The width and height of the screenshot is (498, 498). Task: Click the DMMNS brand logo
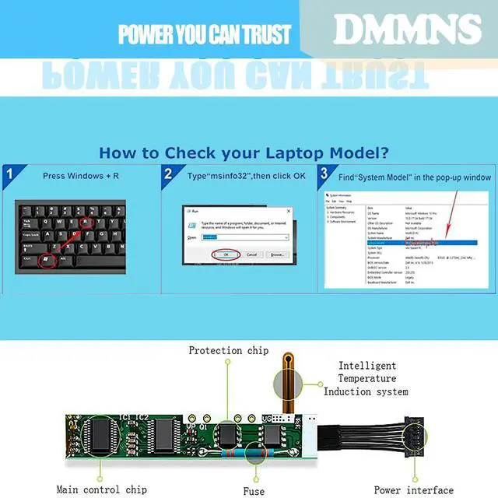407,30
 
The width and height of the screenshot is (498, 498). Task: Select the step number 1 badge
10,174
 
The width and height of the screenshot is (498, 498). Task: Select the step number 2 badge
169,174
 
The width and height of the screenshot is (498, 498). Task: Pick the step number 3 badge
324,174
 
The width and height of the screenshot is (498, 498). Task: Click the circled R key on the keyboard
86,221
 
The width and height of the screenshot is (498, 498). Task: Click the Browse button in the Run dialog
275,254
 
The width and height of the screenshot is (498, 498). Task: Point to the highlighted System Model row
405,242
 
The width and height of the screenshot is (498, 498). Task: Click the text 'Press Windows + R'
81,176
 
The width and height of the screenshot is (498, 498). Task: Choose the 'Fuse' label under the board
254,490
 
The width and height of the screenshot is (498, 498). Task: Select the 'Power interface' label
413,490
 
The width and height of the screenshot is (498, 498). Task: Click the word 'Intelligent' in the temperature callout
366,366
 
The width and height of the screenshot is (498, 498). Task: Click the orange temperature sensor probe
285,385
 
